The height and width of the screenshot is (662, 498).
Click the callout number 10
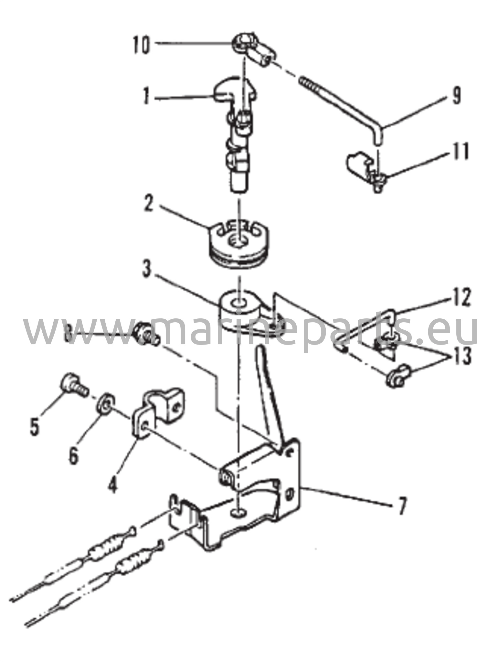[x=141, y=45]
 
